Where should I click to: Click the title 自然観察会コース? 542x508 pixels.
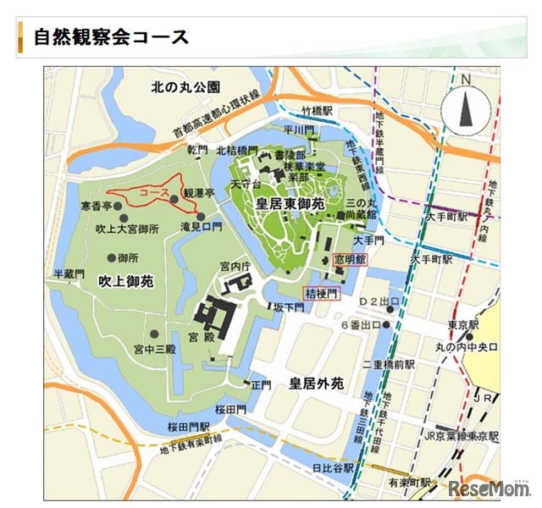(x=111, y=38)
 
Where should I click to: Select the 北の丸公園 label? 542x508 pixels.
(x=186, y=86)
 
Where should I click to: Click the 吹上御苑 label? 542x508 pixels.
(x=124, y=280)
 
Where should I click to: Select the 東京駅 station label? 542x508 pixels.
(x=463, y=324)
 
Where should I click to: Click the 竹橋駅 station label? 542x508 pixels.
(x=318, y=110)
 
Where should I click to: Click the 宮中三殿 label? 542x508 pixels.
(x=154, y=349)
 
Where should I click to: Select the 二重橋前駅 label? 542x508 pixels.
(x=386, y=364)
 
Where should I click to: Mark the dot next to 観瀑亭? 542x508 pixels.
(x=174, y=198)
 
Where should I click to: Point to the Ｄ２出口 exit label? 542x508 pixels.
(x=379, y=301)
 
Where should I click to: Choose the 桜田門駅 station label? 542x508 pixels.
(x=188, y=426)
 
